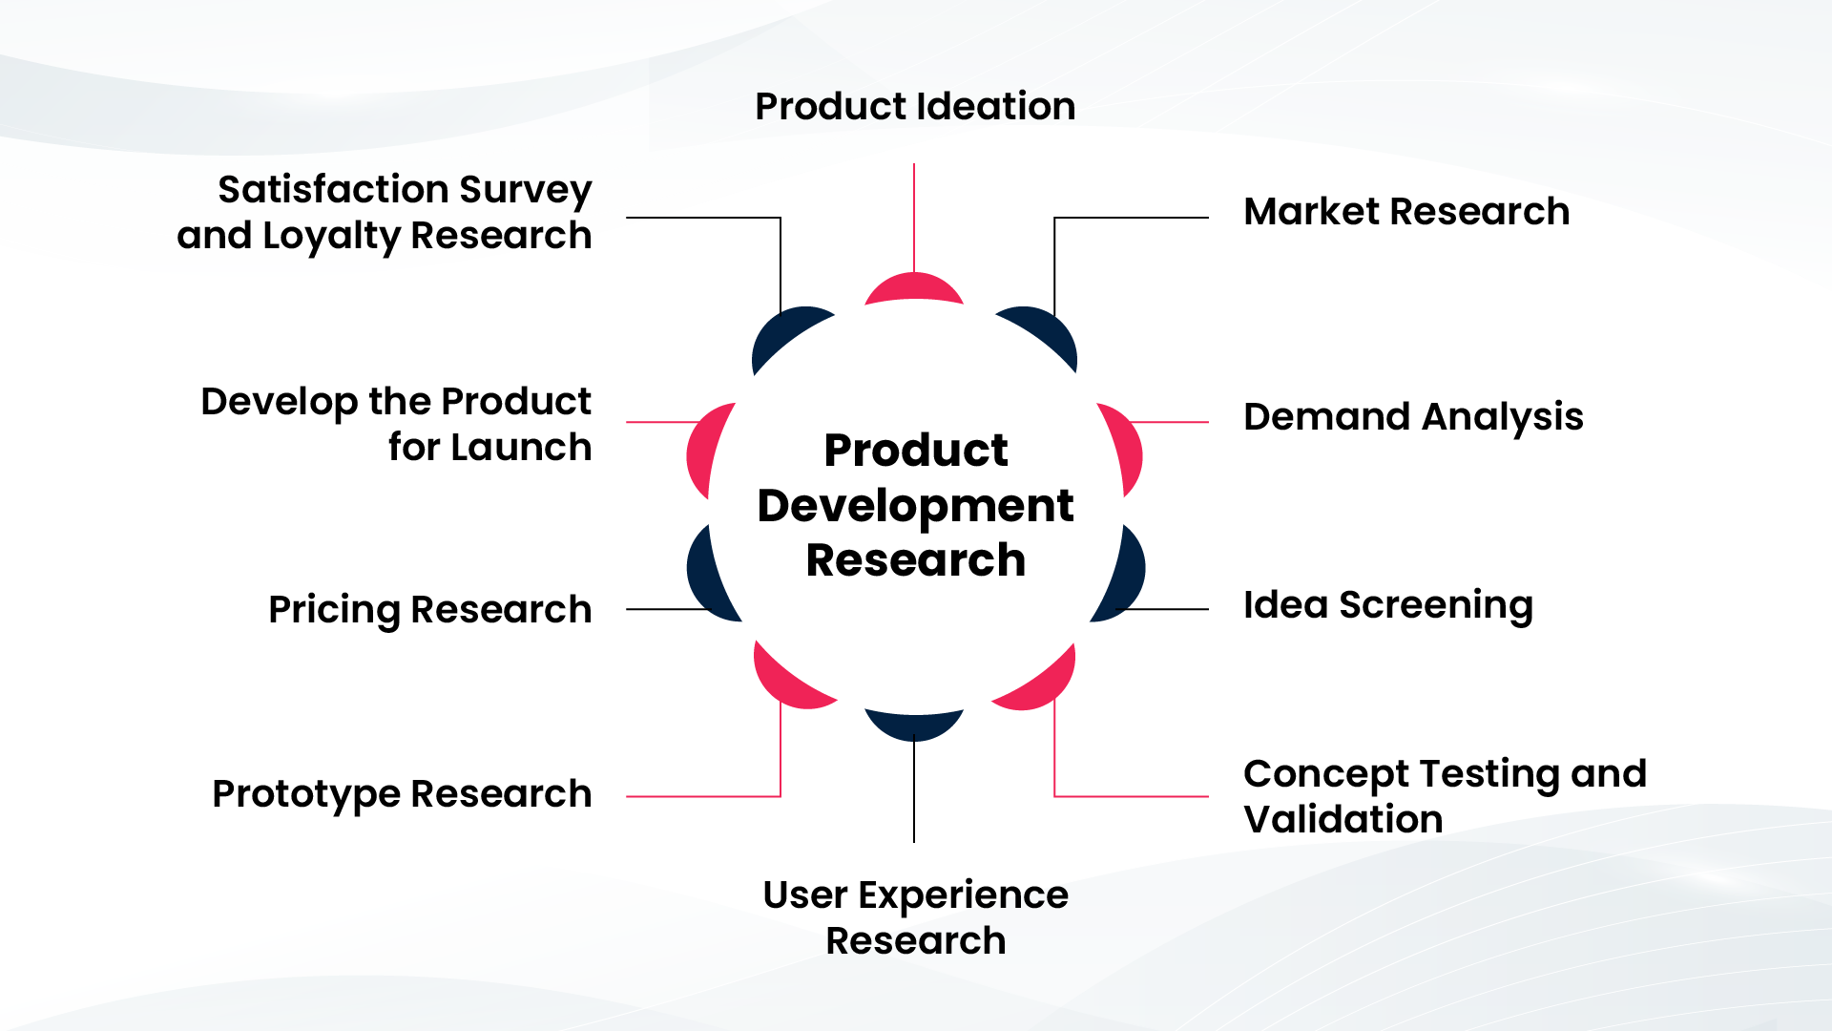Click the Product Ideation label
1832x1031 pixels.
click(914, 106)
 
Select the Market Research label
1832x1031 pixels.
click(1405, 211)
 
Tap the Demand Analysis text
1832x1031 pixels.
click(1412, 417)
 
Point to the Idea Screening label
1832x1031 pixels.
click(1387, 604)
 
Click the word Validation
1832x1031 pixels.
click(1343, 819)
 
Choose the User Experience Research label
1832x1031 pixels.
click(915, 917)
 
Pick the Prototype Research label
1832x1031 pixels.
click(402, 793)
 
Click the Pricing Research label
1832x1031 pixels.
click(429, 609)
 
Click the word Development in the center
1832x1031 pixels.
click(915, 505)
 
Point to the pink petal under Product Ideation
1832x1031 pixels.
click(913, 288)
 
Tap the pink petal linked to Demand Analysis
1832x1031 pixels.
click(1126, 449)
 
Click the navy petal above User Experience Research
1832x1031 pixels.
click(913, 725)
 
